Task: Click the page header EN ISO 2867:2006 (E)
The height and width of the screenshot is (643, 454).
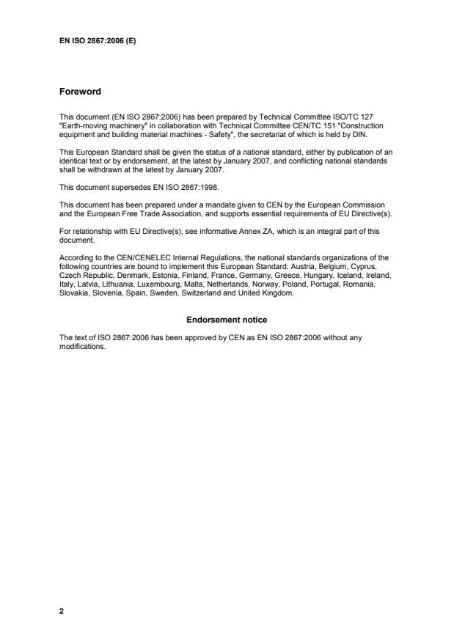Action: pos(98,41)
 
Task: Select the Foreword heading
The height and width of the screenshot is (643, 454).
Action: pos(80,92)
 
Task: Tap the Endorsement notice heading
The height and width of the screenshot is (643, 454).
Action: pos(227,320)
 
